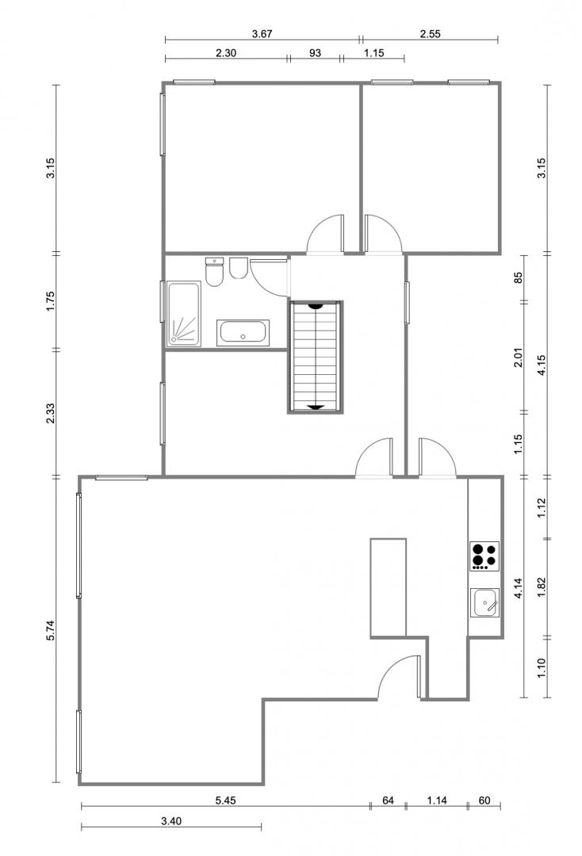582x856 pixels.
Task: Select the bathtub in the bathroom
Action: (243, 332)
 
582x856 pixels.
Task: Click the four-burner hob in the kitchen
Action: (484, 556)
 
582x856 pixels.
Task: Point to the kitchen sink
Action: (484, 602)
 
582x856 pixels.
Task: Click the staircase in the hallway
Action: (316, 357)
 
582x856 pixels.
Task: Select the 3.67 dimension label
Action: (262, 34)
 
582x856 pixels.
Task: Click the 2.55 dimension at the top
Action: (431, 34)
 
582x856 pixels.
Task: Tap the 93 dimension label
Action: (315, 53)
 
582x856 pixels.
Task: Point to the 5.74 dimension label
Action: (51, 631)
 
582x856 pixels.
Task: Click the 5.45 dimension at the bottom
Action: (225, 801)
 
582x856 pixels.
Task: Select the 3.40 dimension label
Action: (171, 820)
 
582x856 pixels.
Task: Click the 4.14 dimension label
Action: (518, 588)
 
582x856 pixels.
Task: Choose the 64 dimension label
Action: (388, 801)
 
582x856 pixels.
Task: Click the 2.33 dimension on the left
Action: (51, 413)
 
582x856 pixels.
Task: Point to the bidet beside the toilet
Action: (238, 268)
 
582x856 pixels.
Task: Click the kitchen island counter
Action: (389, 588)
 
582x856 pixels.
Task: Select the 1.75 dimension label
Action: (51, 301)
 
